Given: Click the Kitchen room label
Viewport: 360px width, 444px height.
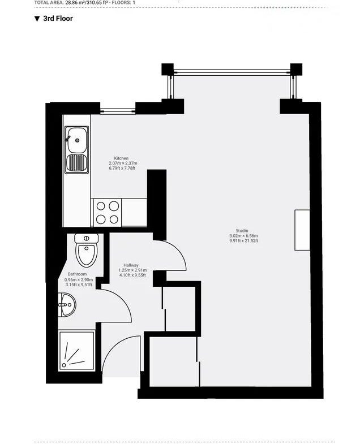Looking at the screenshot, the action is [121, 158].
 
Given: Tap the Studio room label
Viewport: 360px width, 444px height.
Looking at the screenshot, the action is [242, 231].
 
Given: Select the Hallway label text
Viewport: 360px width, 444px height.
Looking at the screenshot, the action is [131, 265].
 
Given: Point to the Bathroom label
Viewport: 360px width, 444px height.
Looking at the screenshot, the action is [77, 274].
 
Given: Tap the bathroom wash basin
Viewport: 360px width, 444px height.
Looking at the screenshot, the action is [67, 305].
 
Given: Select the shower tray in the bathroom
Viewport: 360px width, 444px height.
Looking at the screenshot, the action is [76, 350].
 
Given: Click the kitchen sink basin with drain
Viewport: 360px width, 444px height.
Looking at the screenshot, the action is [76, 140].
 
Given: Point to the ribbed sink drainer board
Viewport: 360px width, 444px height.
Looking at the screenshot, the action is [76, 163].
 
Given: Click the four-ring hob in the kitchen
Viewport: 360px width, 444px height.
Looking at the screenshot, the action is [108, 213].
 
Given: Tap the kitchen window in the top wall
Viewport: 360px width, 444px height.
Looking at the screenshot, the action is [118, 111].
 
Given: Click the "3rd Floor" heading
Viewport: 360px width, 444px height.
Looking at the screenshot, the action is [58, 19].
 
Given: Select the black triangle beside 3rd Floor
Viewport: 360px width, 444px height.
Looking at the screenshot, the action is [37, 19].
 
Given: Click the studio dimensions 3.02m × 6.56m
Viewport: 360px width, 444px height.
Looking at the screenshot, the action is [243, 236].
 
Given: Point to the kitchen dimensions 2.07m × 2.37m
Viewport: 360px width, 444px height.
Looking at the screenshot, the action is [123, 163].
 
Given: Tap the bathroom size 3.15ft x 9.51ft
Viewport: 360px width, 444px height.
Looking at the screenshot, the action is [79, 284].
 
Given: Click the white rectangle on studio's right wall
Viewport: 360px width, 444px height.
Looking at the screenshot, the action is [302, 230].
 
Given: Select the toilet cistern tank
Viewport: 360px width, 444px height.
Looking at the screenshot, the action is [87, 238].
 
